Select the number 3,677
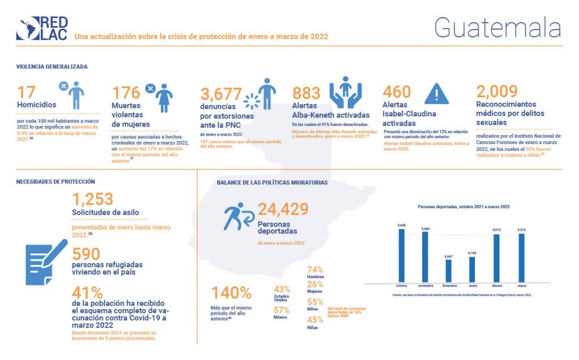tap(221, 93)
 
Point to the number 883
tap(306, 92)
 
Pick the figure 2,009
tap(496, 91)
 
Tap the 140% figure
tap(231, 293)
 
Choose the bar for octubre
tap(401, 255)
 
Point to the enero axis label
tap(472, 286)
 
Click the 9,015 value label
tap(496, 230)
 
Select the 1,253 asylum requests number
tap(93, 199)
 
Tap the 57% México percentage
tap(282, 310)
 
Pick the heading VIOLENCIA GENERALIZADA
tap(51, 66)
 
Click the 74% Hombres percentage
tap(315, 270)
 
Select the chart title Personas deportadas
tap(463, 207)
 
